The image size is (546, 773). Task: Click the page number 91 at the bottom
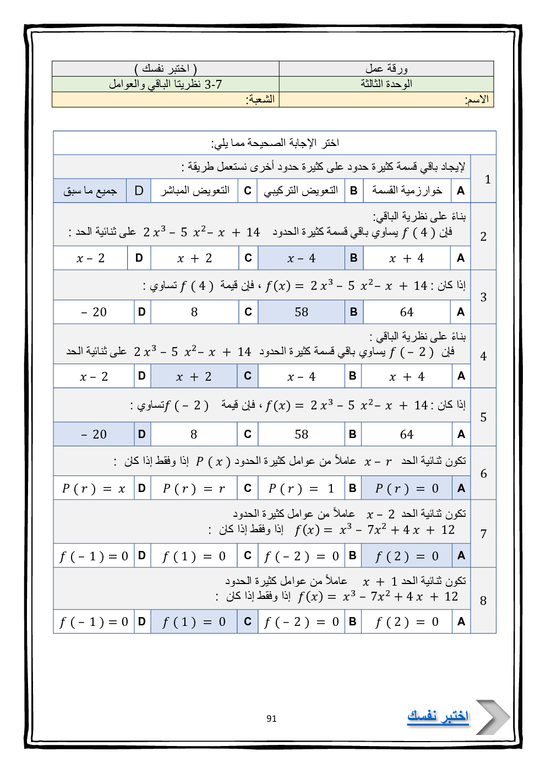(x=271, y=718)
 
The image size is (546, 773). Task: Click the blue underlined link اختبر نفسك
(x=438, y=716)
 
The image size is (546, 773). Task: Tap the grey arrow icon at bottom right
(x=492, y=717)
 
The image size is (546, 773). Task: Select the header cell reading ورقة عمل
(x=386, y=69)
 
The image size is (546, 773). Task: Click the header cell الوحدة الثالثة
(x=386, y=84)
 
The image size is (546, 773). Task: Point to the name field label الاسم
(x=477, y=100)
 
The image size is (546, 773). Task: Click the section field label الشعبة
(x=260, y=100)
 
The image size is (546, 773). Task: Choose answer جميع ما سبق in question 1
(x=90, y=191)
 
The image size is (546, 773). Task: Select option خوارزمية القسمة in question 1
(x=407, y=191)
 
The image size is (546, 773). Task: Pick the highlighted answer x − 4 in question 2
(x=301, y=258)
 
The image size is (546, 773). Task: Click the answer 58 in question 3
(x=301, y=312)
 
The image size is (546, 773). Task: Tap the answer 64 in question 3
(x=407, y=312)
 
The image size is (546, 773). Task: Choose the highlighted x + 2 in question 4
(x=194, y=377)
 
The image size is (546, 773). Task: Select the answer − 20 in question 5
(x=94, y=434)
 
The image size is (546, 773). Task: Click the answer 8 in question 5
(x=194, y=434)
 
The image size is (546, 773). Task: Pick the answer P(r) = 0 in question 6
(x=407, y=488)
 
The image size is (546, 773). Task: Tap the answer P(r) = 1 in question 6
(x=301, y=488)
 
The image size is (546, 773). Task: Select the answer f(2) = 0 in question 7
(x=407, y=556)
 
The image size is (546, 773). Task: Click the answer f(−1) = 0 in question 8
(x=94, y=622)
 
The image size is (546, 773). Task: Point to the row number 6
(x=483, y=474)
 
